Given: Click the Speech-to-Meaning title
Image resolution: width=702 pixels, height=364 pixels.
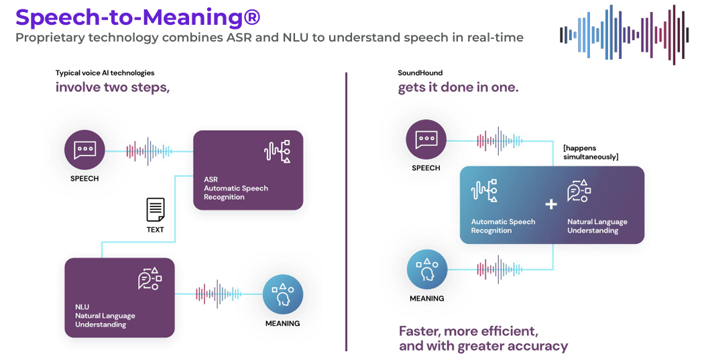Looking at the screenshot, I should (x=137, y=16).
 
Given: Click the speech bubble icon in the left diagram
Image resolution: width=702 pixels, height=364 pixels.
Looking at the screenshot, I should (x=84, y=149).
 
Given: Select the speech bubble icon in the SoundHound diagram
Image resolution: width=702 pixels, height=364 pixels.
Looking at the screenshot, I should (x=426, y=140).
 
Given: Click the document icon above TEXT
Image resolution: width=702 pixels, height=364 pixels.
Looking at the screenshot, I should (x=156, y=210).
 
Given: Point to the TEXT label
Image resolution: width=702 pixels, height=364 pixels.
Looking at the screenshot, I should (x=156, y=229).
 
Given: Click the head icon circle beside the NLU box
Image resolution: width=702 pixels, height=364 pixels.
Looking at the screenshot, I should (x=282, y=294).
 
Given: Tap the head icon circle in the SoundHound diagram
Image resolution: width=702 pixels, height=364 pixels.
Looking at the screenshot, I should (x=427, y=269).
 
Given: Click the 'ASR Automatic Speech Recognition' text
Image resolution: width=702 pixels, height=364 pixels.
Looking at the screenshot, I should (x=236, y=188).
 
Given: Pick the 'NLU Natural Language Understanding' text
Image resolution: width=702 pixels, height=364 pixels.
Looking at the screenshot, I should (x=105, y=316).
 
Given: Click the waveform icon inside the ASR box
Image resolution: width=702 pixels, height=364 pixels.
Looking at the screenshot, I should (x=277, y=153).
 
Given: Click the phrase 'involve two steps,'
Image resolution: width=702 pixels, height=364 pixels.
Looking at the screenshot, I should (x=113, y=87).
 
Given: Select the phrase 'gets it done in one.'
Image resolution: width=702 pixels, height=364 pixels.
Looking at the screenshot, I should (x=458, y=87).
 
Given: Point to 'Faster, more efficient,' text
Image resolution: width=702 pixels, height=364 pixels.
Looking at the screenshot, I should (x=469, y=331).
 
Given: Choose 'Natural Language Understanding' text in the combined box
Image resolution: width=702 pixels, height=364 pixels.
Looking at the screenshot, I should (x=597, y=226).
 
